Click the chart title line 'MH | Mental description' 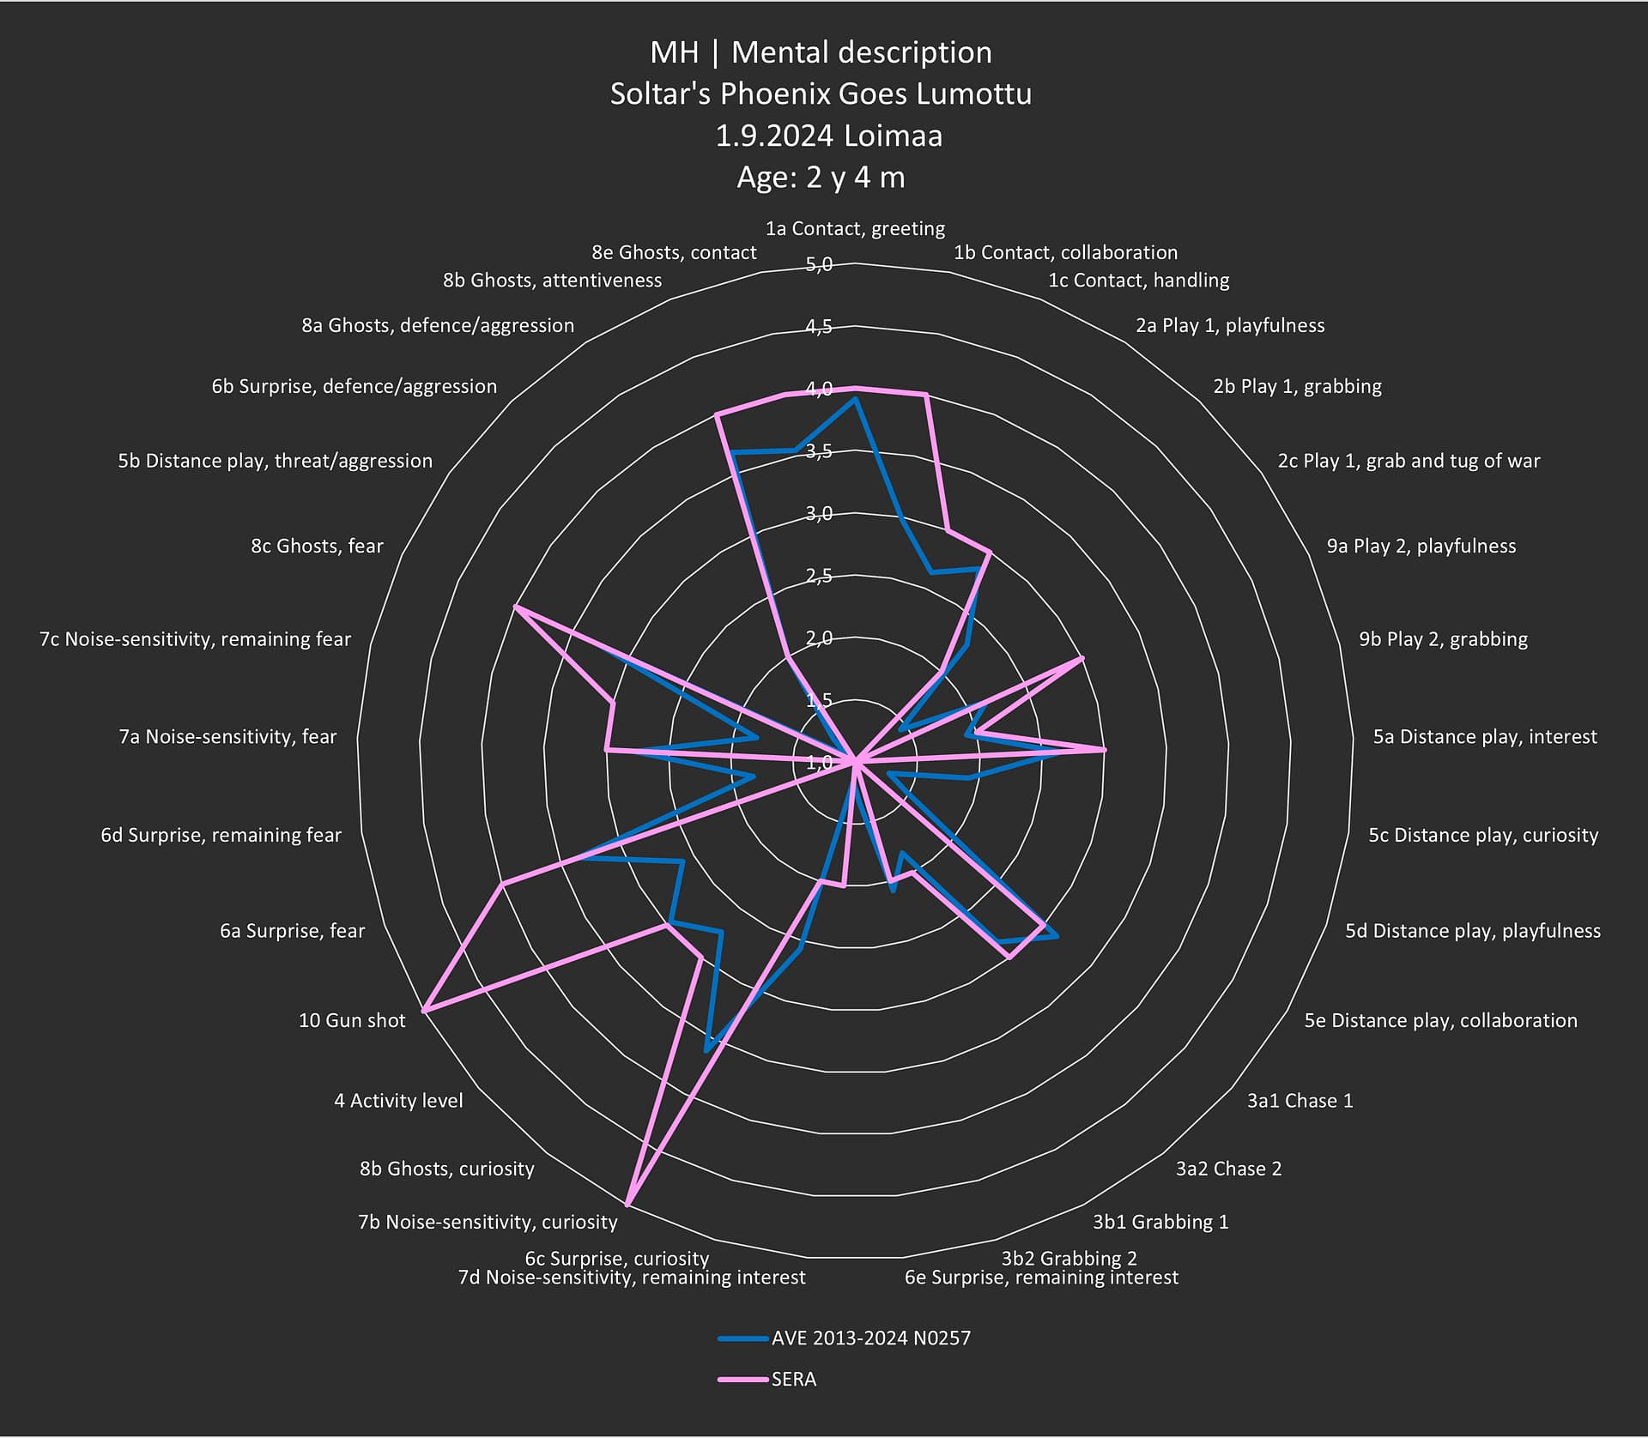click(821, 53)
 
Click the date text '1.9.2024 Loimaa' click(828, 136)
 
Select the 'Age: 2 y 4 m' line click(821, 178)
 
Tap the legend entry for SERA click(793, 1379)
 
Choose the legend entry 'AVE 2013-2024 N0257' click(870, 1338)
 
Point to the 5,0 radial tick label click(820, 265)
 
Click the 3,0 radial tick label click(819, 514)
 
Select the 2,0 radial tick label click(819, 638)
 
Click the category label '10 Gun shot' click(352, 1020)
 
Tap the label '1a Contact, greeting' click(855, 228)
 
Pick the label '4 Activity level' click(398, 1101)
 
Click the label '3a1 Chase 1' click(1300, 1101)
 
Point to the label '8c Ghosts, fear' click(317, 547)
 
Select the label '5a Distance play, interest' click(1485, 737)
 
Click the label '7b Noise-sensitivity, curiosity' click(488, 1222)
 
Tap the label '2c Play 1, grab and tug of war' click(1409, 462)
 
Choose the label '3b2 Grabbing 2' click(1069, 1258)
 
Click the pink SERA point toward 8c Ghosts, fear click(515, 607)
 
